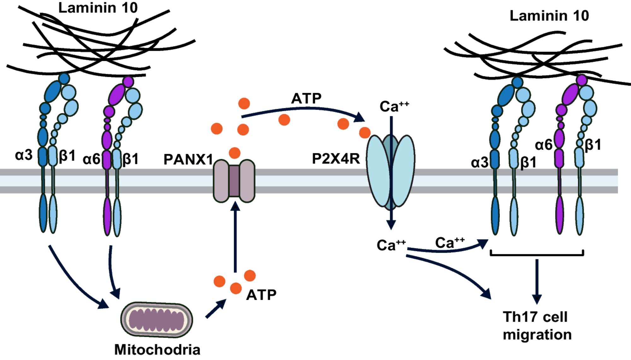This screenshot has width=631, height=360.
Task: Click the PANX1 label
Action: click(x=188, y=159)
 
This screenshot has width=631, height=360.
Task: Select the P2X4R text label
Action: click(x=336, y=158)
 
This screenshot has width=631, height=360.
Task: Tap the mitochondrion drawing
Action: click(x=156, y=320)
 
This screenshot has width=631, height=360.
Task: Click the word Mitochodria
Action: click(x=157, y=350)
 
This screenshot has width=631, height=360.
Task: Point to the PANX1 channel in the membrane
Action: click(x=234, y=181)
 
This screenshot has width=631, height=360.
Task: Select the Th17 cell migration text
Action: click(x=537, y=326)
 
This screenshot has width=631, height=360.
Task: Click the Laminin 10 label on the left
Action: click(x=98, y=8)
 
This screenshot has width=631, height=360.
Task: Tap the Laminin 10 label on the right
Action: click(x=549, y=15)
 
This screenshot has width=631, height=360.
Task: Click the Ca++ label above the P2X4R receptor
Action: click(x=394, y=106)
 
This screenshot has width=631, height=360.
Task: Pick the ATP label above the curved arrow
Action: click(x=306, y=98)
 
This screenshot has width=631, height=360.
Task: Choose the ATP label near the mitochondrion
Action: click(x=261, y=295)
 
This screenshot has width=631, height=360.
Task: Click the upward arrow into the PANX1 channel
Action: click(x=235, y=237)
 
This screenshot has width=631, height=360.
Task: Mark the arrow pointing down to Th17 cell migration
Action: click(x=537, y=281)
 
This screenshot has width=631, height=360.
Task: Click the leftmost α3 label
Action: click(x=24, y=155)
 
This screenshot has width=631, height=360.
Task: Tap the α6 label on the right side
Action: click(x=544, y=145)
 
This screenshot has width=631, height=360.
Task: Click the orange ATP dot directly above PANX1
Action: click(x=234, y=153)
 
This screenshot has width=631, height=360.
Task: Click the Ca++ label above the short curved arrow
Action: click(x=450, y=243)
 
